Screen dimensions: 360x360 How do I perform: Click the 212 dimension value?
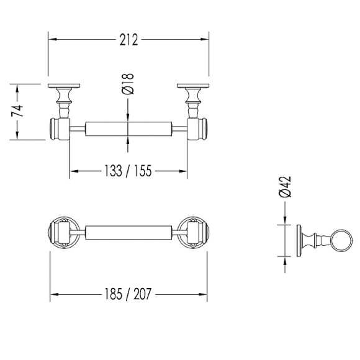pos(128,40)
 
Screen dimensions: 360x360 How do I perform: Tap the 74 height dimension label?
pos(17,110)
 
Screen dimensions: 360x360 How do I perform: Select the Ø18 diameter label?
pos(128,84)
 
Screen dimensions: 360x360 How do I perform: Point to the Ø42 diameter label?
pos(285,187)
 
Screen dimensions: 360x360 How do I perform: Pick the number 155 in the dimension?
pos(143,171)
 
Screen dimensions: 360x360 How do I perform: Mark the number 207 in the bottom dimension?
pos(143,294)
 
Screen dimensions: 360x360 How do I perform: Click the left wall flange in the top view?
pos(64,86)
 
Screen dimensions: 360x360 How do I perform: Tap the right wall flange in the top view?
pos(193,86)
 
